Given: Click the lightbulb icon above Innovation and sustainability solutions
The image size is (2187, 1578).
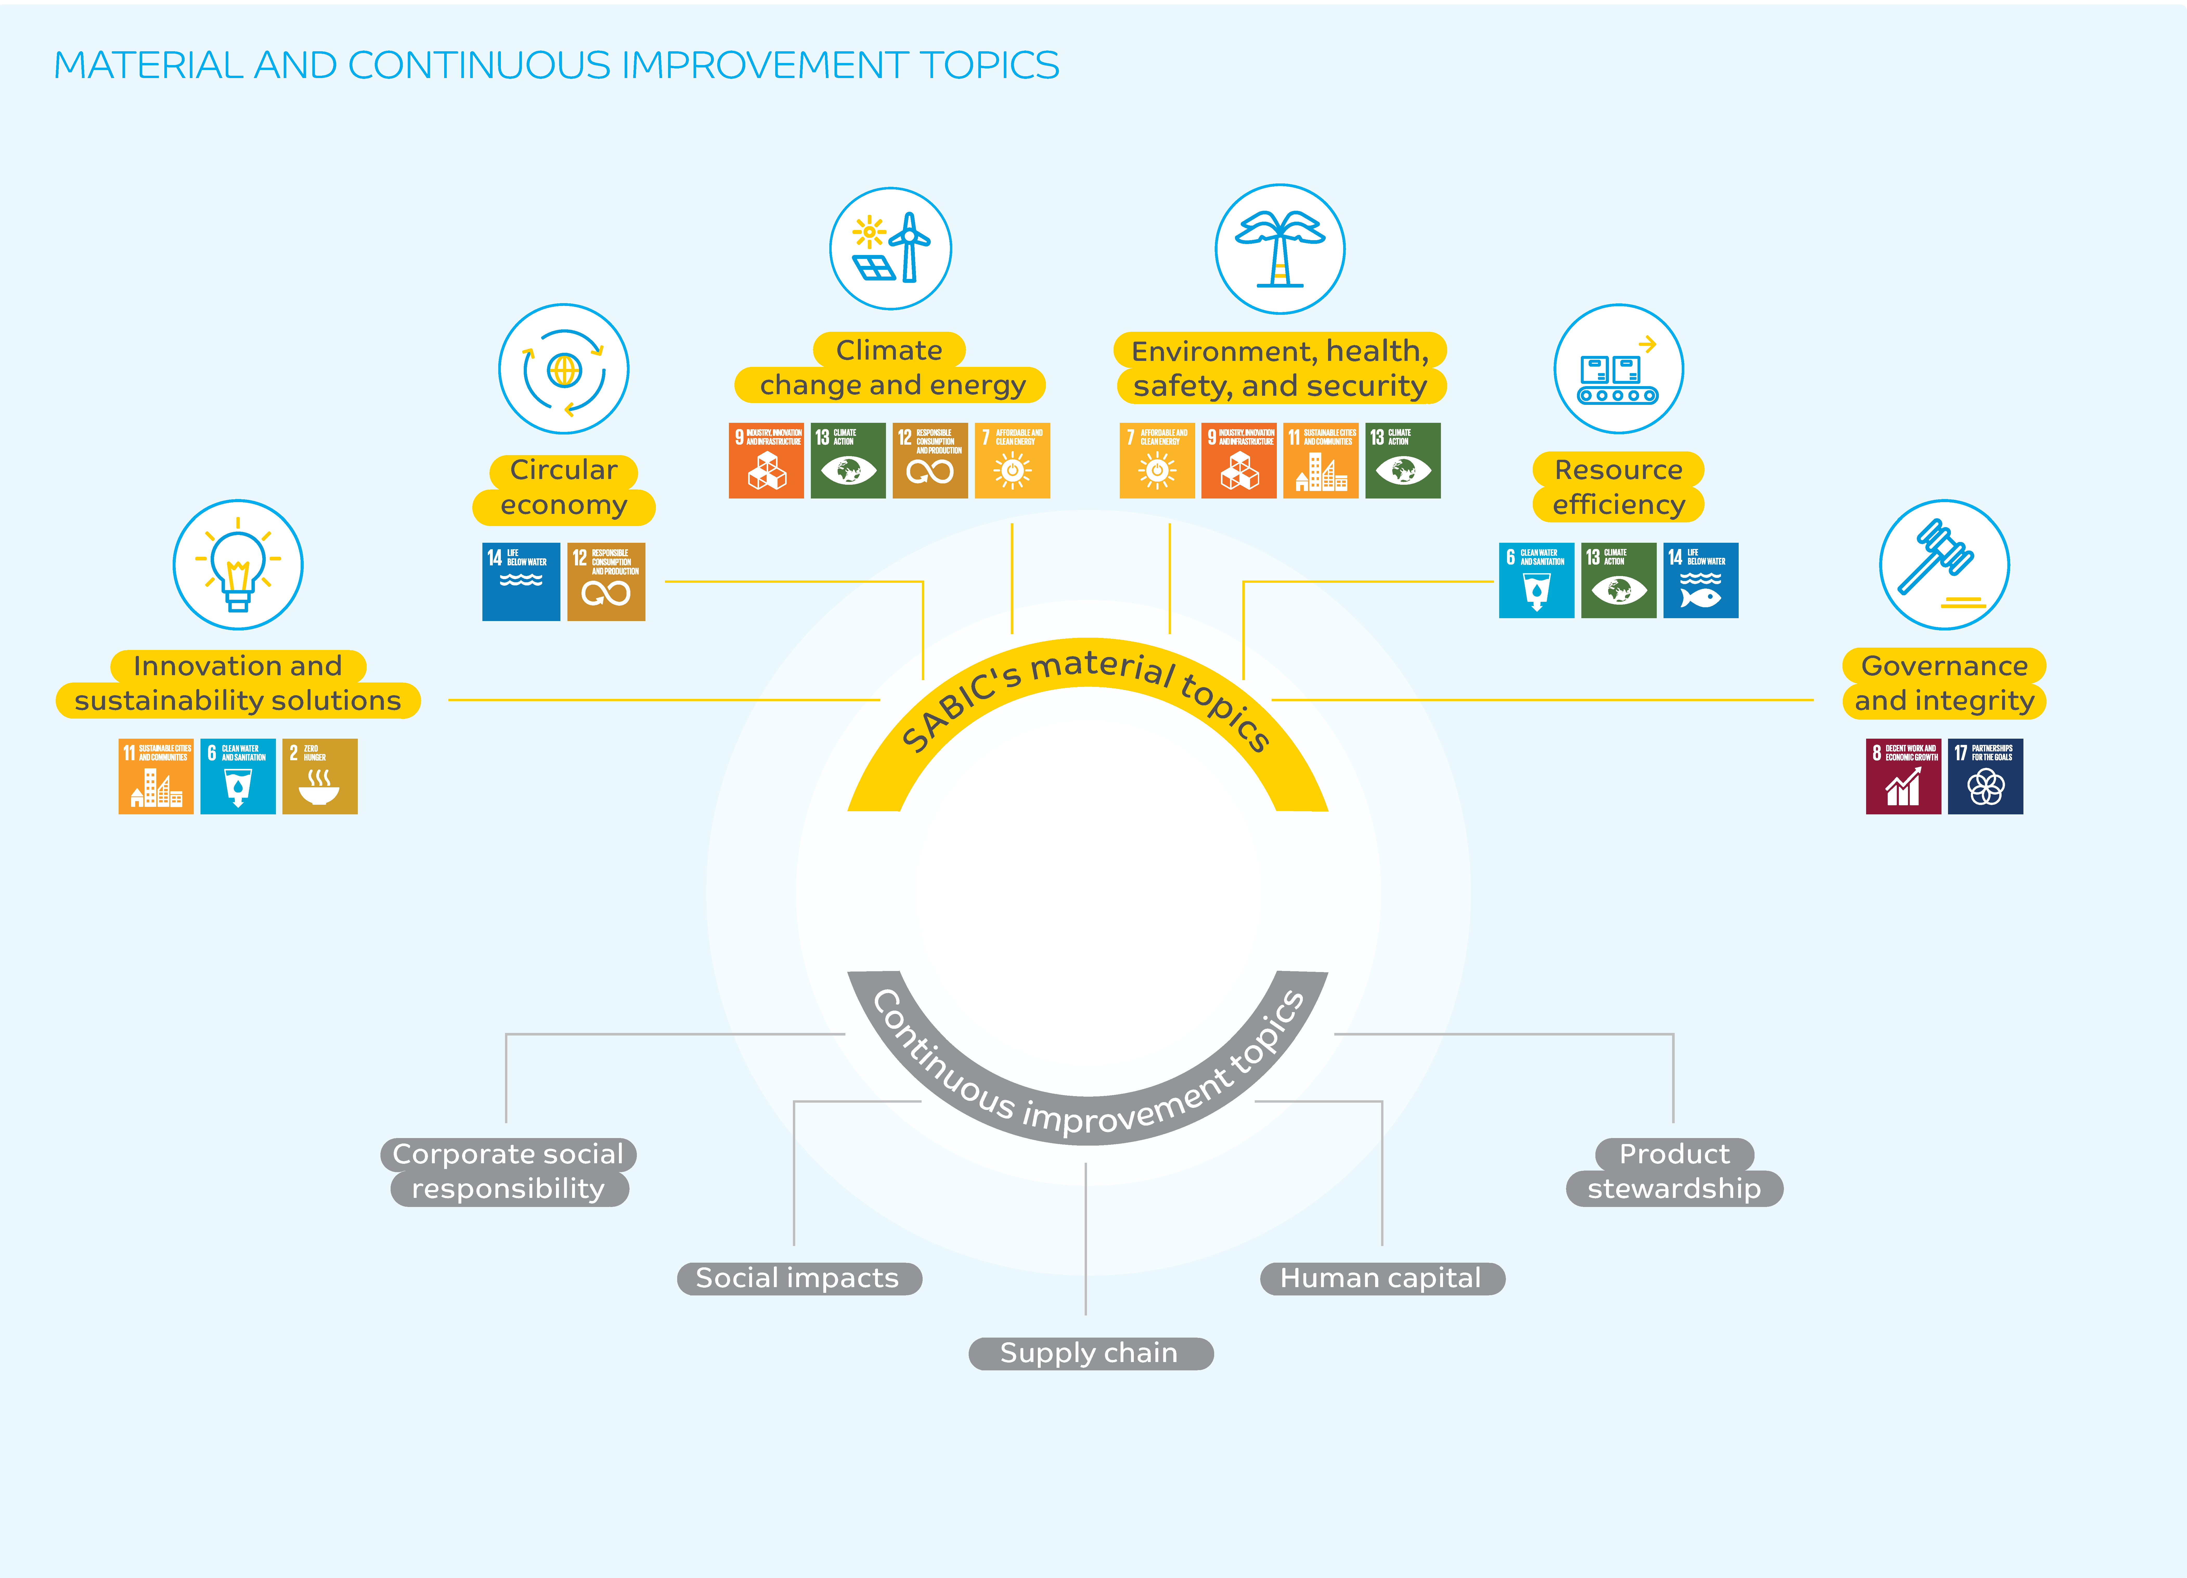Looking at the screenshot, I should point(238,565).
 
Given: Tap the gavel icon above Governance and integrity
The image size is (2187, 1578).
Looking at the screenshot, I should point(1944,565).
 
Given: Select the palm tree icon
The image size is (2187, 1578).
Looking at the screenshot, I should point(1280,249).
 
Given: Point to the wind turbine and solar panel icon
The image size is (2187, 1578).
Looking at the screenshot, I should point(890,249).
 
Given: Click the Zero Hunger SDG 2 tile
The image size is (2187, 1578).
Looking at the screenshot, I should point(319,776).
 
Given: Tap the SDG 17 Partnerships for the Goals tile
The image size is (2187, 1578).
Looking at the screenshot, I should point(1984,776).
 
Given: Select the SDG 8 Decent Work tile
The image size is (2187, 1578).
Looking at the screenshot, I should point(1903,776).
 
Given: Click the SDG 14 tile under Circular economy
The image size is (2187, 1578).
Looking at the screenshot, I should point(521,582).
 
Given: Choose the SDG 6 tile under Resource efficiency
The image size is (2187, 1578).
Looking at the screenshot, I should point(1536,581).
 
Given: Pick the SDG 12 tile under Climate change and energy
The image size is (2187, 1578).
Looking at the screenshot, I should point(930,461).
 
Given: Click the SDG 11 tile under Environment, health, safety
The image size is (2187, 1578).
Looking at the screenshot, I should point(1320,461).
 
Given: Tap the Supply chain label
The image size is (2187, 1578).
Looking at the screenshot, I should point(1090,1353).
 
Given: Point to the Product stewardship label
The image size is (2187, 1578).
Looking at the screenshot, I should point(1674,1171).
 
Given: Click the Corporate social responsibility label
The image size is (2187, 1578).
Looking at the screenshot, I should point(508,1171).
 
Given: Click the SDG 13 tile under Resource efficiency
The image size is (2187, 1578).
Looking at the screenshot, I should point(1618,581).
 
